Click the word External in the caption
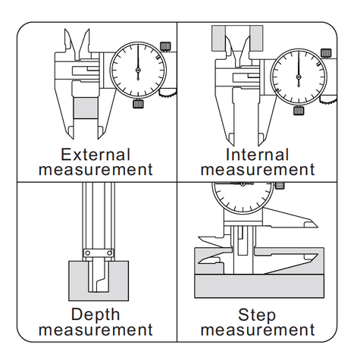95,155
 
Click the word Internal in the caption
257,155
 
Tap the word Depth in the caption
95,315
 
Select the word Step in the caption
257,315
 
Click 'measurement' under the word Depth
95,330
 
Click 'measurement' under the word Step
258,330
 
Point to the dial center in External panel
138,70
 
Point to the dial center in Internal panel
299,77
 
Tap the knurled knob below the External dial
138,104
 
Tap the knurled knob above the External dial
165,46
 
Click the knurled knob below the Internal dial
299,111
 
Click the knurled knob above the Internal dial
326,53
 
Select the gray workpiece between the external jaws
86,108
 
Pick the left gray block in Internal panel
218,38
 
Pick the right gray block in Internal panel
256,38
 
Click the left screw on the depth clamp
88,253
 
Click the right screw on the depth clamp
110,253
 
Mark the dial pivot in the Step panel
243,184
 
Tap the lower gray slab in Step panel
259,286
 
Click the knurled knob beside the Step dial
280,186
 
